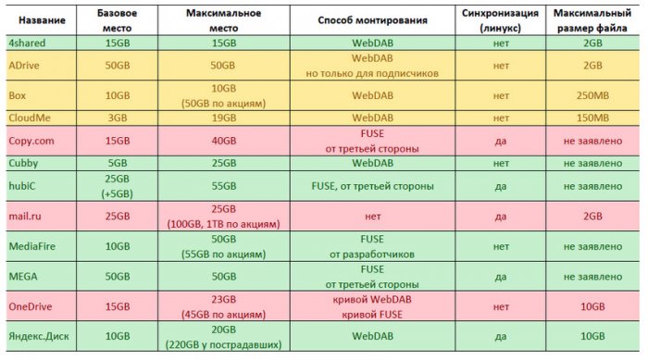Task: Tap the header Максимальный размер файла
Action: point(588,19)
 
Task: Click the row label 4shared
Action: point(27,42)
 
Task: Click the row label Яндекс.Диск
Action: point(38,335)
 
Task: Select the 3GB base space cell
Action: point(118,118)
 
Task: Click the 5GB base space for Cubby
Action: point(118,163)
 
